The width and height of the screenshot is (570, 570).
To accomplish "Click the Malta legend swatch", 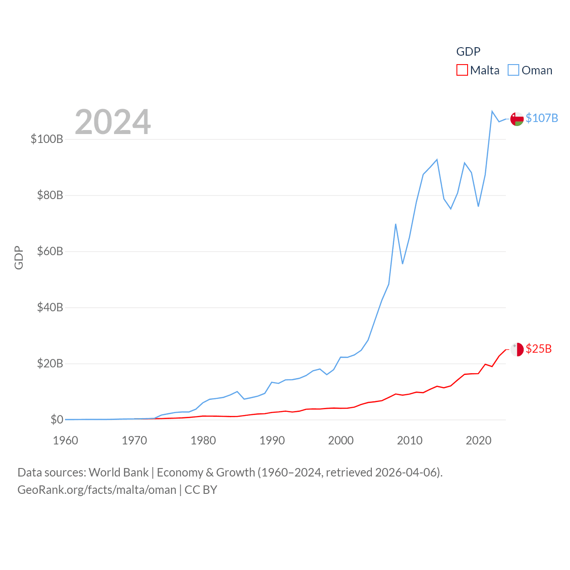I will (x=462, y=70).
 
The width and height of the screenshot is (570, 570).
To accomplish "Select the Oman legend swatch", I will (x=513, y=70).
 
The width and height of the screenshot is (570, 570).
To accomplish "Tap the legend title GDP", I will (x=468, y=52).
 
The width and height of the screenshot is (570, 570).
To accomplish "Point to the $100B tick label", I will (x=47, y=139).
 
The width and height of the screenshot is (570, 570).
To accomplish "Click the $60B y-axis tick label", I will (x=50, y=251).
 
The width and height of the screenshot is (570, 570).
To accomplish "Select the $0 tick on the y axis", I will (x=57, y=419).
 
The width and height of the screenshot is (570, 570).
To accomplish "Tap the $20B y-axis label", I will (x=50, y=363).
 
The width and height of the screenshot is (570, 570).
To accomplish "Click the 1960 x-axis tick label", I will (x=65, y=440).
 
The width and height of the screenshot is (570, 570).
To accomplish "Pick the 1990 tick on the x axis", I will (x=272, y=440).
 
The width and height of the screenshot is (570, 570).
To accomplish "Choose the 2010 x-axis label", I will (x=410, y=440).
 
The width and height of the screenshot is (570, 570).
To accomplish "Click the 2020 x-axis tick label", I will (x=478, y=440).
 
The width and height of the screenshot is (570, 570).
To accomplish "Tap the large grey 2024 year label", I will (x=113, y=122).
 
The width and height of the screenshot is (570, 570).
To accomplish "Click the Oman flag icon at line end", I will (x=517, y=119).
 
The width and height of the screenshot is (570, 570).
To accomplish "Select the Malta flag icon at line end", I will (x=517, y=350).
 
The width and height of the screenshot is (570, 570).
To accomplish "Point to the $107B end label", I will (x=541, y=118).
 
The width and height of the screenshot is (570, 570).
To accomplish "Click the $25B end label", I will (x=538, y=349).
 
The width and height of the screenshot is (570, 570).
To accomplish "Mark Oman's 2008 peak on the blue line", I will (x=395, y=224).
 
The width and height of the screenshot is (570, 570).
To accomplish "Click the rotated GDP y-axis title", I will (x=19, y=257).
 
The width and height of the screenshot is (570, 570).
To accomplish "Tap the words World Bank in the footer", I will (x=118, y=472).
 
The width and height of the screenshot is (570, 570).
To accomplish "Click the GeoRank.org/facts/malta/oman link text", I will (x=97, y=490).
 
